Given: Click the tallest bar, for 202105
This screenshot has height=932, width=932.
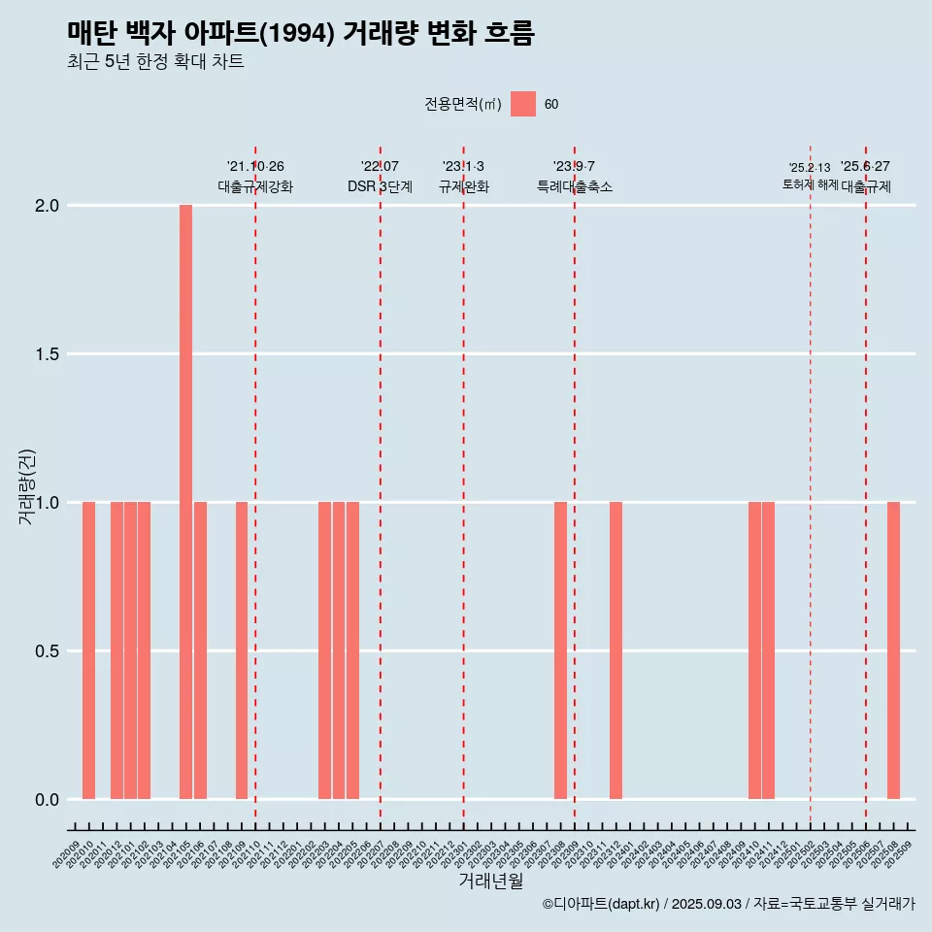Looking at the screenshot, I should click(185, 502).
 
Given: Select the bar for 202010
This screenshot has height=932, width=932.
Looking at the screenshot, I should click(88, 650).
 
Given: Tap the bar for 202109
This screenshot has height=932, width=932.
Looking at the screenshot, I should click(242, 650).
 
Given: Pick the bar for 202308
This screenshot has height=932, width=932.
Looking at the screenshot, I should click(560, 650).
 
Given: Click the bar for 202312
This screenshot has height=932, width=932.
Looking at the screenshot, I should click(616, 650).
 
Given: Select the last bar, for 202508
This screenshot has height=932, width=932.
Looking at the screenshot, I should click(893, 650).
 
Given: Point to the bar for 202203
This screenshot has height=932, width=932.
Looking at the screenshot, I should click(324, 650).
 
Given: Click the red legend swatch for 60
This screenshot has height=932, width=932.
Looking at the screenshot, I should click(523, 104).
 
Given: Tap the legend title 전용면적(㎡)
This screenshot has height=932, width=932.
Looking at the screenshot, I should click(463, 104).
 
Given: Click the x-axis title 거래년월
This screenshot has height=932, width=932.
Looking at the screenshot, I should click(490, 882).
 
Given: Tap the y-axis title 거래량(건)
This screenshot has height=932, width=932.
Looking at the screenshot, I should click(27, 486).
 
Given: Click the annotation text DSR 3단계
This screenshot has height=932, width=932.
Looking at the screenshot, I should click(380, 186).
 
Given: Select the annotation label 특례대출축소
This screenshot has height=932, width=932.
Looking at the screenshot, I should click(575, 186).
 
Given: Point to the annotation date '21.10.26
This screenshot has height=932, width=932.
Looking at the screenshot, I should click(255, 166).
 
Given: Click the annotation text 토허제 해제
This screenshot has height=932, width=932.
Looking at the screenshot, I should click(810, 184).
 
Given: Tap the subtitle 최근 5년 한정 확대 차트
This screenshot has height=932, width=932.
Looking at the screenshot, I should click(155, 62).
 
